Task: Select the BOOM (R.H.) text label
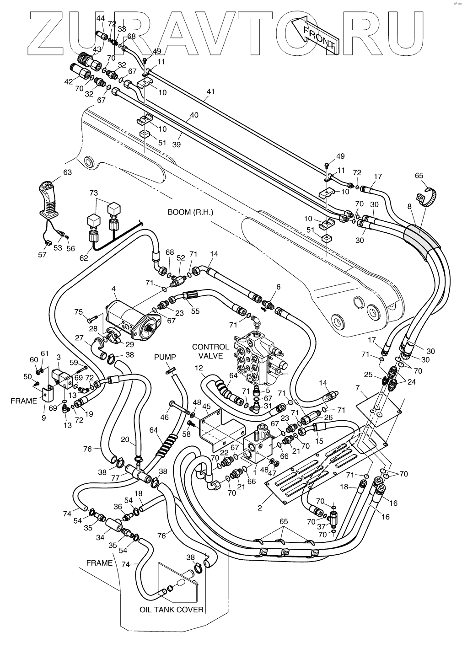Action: point(190,212)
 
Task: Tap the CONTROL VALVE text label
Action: point(210,351)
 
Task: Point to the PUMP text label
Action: point(165,357)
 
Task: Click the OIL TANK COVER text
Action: point(171,610)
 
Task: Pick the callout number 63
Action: point(67,172)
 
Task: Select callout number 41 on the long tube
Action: point(210,91)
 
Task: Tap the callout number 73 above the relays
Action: point(93,193)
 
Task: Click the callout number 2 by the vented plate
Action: point(260,508)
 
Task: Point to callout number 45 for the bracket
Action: point(206,407)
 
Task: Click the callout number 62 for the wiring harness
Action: point(84,257)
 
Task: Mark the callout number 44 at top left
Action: point(100,18)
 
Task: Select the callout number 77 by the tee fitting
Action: point(115,478)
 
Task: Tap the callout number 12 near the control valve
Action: point(199,368)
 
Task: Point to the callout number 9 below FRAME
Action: point(43,418)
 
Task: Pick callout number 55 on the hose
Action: point(195,311)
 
